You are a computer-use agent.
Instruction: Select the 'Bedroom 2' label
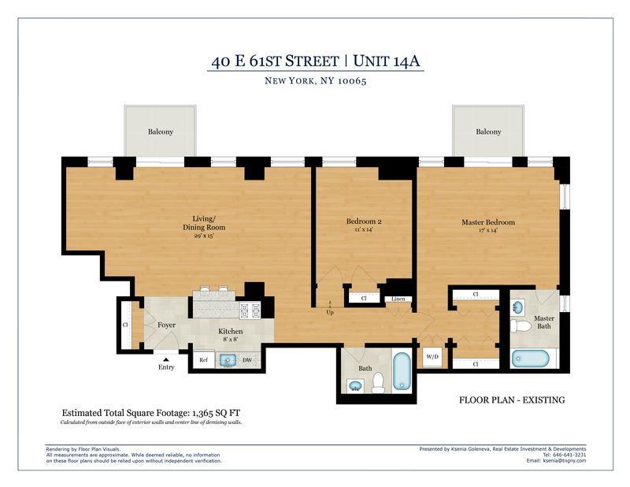364,221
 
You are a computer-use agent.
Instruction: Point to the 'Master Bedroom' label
488,222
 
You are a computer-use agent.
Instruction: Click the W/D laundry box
433,357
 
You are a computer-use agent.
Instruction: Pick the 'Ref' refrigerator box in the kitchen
203,360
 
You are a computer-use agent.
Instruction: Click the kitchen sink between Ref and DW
228,360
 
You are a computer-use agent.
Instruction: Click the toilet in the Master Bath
520,325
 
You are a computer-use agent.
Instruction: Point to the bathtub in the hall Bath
401,371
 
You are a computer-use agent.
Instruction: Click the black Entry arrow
165,359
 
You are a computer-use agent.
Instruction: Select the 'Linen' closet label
398,299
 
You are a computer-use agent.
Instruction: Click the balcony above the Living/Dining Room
161,131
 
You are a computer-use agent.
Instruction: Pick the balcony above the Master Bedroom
488,131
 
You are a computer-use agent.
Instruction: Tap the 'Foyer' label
166,325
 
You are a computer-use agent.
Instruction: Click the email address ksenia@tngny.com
564,461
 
